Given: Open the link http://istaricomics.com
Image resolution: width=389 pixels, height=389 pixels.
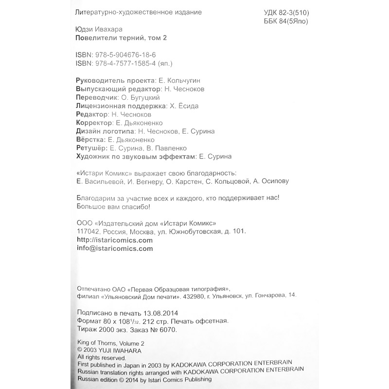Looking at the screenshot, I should (115, 240).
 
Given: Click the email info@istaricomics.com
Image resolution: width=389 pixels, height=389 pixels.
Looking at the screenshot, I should (115, 248).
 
